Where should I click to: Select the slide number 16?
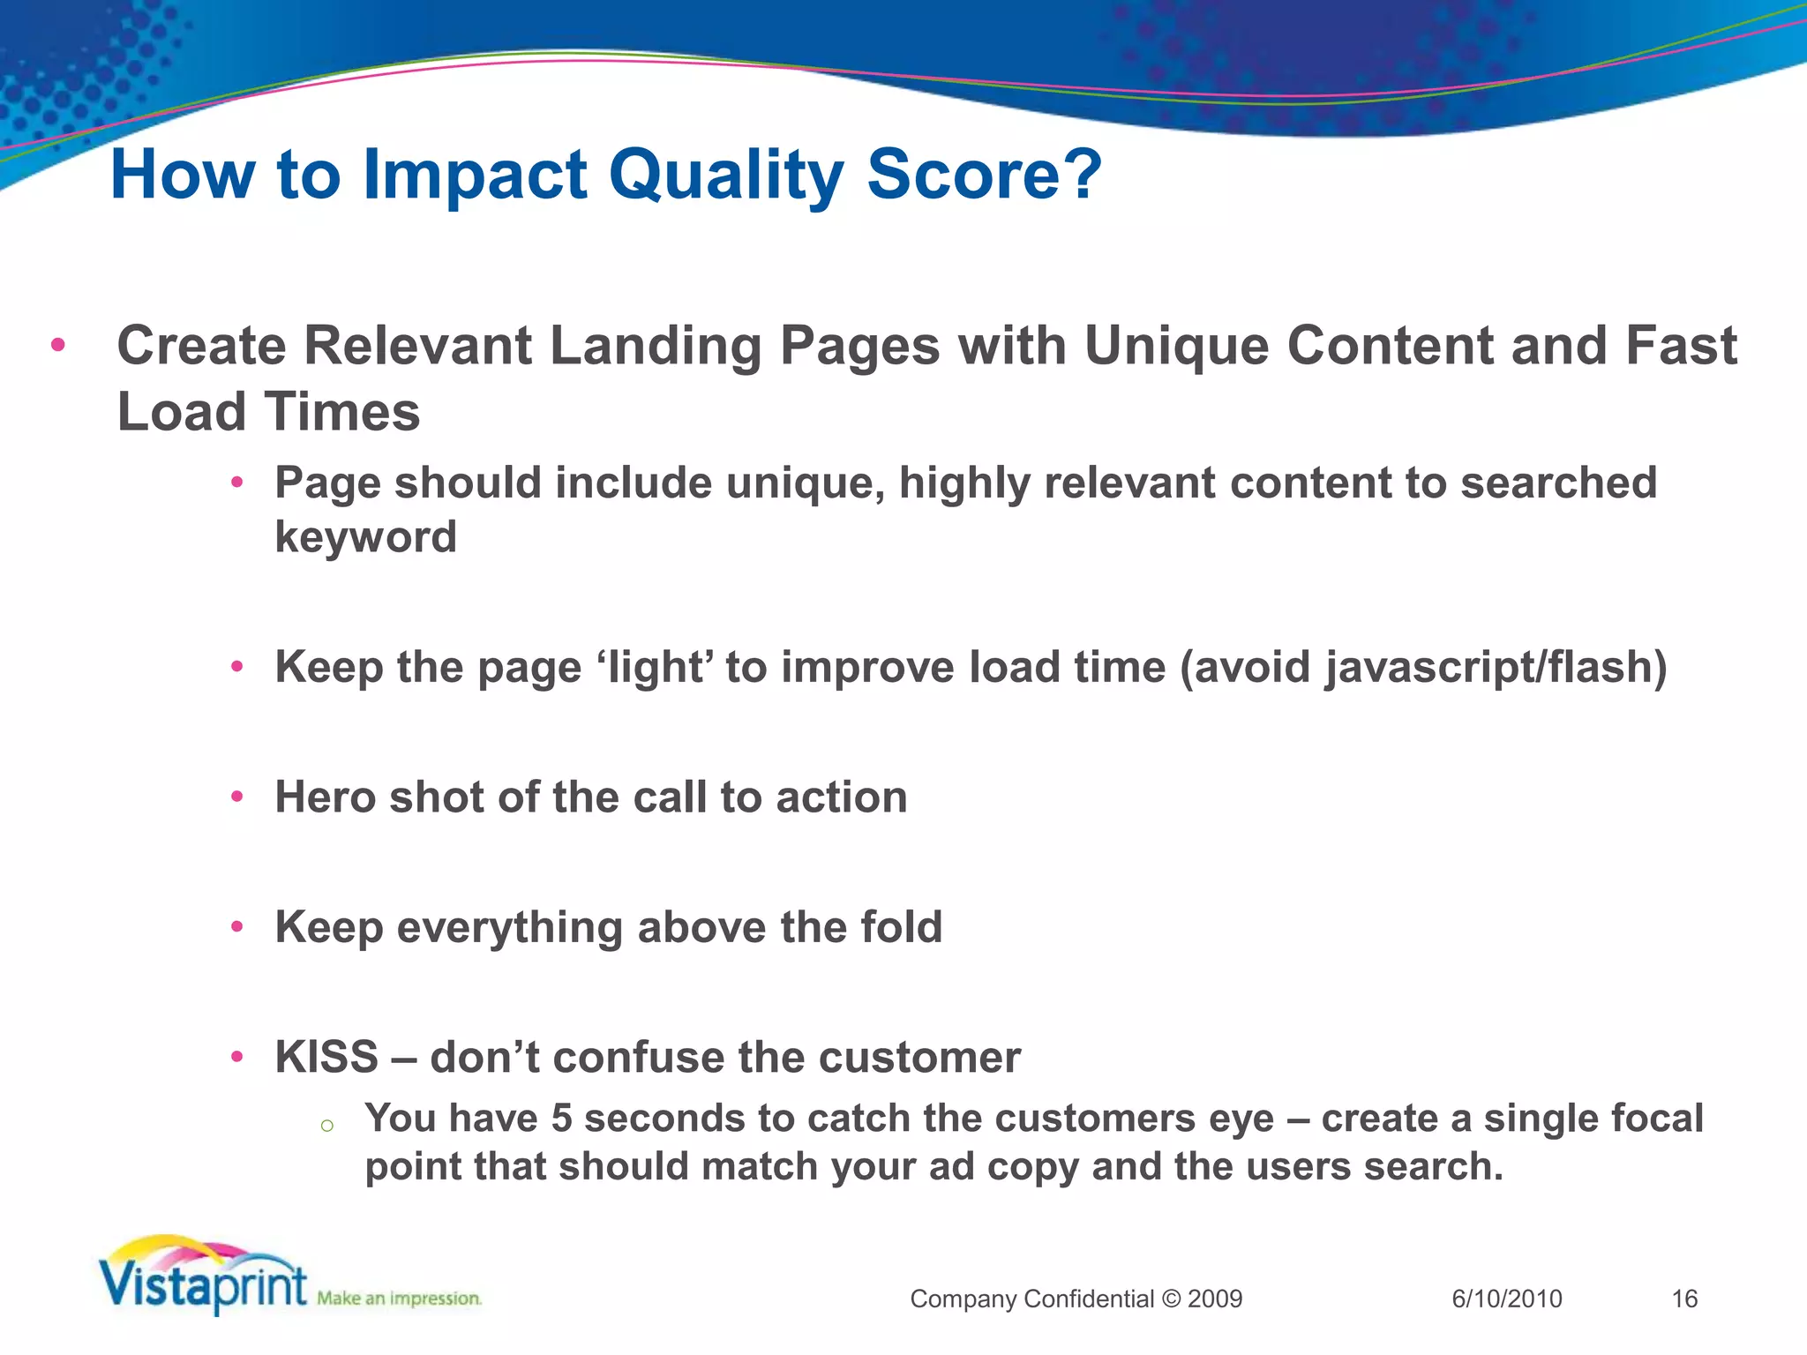[x=1684, y=1299]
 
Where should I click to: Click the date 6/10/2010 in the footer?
[x=1507, y=1299]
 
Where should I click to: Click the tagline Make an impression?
[x=399, y=1299]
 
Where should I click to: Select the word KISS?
[x=326, y=1057]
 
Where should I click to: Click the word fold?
[x=902, y=926]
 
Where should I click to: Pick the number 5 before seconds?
[x=562, y=1119]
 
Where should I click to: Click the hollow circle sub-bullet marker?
[x=326, y=1125]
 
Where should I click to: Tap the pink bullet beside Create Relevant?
[x=58, y=344]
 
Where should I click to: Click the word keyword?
[x=365, y=537]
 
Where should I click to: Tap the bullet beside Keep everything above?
[x=236, y=926]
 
